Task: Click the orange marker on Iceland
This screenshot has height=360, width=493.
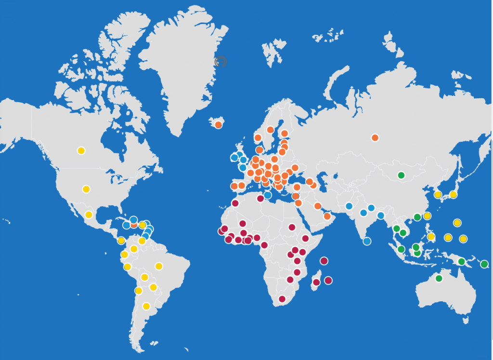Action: pos(219,125)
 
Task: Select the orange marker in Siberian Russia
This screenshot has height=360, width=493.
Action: pos(375,138)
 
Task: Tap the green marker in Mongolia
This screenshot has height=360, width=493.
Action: pos(401,175)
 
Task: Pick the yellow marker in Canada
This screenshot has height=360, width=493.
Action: pos(81,150)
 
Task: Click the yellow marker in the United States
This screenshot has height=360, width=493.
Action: pos(86,189)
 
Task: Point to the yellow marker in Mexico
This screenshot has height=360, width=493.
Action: pos(89,215)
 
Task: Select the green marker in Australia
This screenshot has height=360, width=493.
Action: pos(439,278)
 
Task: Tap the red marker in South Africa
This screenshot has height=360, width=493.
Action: pos(282,299)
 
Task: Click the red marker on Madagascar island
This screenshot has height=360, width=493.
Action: pos(316,282)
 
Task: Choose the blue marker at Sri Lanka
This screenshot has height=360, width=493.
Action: pos(367,241)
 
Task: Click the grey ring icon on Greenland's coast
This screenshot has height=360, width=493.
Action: pos(221,61)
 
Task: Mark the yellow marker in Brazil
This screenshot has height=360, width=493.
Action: pos(159,266)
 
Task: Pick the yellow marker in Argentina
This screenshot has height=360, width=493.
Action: pos(146,306)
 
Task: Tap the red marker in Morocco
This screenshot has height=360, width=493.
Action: pos(235,203)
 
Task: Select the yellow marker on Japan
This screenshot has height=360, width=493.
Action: pos(453,195)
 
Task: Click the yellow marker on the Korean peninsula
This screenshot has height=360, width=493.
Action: pos(438,195)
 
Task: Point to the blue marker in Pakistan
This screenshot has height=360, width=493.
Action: pos(349,206)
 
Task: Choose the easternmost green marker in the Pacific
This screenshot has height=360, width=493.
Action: pos(484,264)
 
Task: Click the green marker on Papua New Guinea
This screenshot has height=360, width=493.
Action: pos(461,262)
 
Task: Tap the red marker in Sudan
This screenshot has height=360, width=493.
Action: pos(292,227)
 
